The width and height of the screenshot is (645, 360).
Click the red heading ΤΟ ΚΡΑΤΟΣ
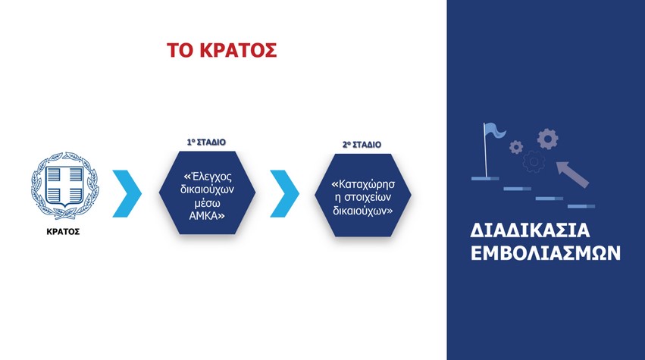coord(222,51)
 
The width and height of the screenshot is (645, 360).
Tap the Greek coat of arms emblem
coord(64,186)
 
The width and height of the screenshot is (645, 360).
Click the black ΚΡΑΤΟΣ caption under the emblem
coord(63,232)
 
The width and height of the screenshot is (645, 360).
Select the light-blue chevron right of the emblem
coord(127,193)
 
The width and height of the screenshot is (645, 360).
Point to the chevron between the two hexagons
coord(285,193)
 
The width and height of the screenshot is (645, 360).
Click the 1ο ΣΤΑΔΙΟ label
coord(206,142)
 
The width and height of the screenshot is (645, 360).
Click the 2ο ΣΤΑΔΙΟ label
coord(362,145)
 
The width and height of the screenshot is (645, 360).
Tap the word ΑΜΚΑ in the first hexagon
coord(205,216)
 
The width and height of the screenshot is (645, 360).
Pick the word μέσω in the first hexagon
coord(207,203)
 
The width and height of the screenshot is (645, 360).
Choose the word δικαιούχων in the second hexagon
coord(359,211)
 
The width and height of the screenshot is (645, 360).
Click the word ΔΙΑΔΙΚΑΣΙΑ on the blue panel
coord(530,230)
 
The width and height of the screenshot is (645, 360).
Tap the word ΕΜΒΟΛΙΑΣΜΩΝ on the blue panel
coord(546,253)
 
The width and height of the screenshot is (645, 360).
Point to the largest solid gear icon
coord(547,139)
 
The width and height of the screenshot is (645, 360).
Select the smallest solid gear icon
coord(516,147)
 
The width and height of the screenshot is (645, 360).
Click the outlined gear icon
coord(534,161)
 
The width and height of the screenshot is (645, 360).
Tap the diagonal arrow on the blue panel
coord(572,174)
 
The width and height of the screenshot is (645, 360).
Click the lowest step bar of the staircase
coord(581,206)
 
